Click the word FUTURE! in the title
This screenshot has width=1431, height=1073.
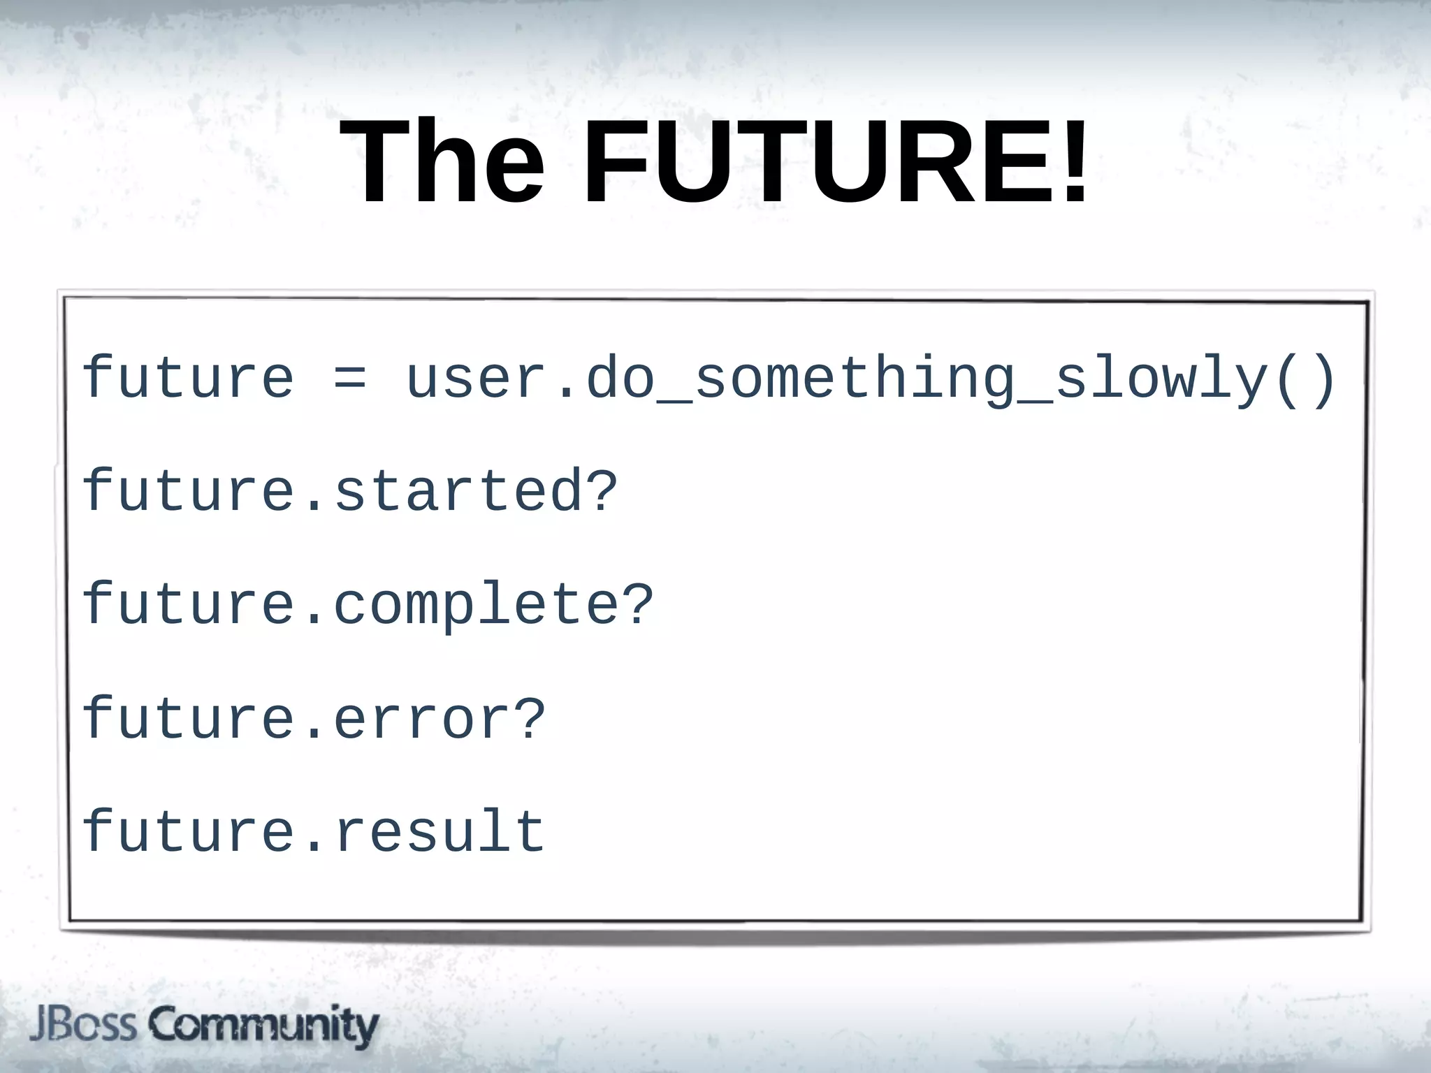tap(835, 162)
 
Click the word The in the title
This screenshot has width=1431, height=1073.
tap(442, 162)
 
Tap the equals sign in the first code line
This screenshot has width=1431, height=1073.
tap(349, 379)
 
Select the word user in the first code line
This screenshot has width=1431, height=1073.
tap(476, 379)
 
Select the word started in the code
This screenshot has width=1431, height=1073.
tap(458, 492)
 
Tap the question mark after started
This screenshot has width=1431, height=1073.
tap(602, 492)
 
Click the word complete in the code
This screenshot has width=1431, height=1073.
tap(476, 605)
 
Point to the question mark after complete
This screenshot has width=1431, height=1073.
tap(638, 605)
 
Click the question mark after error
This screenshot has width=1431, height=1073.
tap(530, 720)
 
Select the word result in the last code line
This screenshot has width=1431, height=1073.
tap(440, 832)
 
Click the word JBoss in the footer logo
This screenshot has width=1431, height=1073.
tap(82, 1025)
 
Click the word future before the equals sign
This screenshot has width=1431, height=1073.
tap(187, 379)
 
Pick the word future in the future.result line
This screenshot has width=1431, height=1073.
tap(187, 832)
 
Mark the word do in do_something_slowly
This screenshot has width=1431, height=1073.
tap(620, 379)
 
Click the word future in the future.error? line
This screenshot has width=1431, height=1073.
tap(187, 720)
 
